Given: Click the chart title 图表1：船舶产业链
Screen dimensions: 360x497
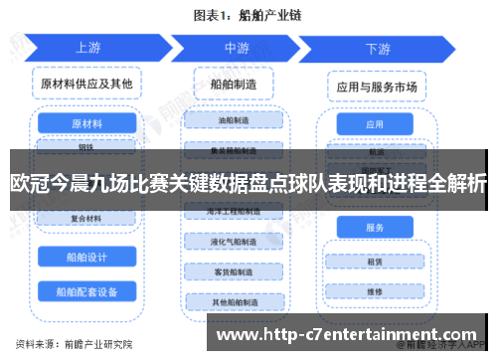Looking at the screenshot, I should coord(248,16).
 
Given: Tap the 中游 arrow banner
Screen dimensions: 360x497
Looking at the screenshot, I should coord(238,48).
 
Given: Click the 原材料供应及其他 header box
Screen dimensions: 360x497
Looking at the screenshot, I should coord(86,85).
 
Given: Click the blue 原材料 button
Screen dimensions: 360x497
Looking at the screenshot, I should coord(86,123).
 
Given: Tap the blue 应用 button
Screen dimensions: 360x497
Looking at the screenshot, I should coord(375,125).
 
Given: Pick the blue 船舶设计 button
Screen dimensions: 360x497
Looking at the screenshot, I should coord(86,256).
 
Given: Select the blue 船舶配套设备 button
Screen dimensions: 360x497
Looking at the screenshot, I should coord(86,292).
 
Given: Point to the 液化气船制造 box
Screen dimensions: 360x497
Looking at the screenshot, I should coord(236,242).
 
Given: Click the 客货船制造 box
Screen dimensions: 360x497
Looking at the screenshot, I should coord(236,271).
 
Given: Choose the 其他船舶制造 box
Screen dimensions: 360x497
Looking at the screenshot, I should coord(236,301).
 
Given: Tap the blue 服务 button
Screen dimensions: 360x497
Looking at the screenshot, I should coord(375,228).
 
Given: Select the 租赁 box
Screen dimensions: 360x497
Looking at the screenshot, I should coord(375,263).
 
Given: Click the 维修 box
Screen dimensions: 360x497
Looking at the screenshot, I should coord(375,292).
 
